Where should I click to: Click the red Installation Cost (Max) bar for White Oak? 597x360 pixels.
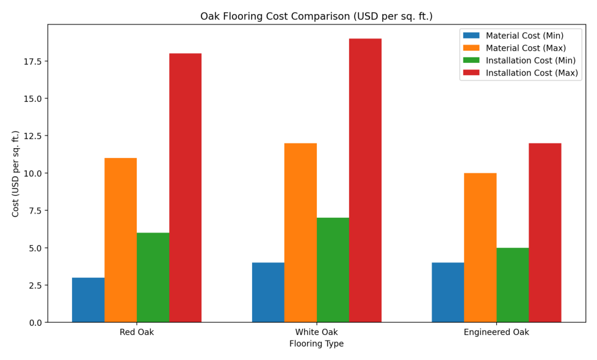tap(365, 180)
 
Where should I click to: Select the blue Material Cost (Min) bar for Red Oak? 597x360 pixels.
tap(88, 300)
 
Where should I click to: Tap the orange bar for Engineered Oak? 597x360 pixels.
tap(480, 247)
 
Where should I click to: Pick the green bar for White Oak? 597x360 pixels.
tap(333, 270)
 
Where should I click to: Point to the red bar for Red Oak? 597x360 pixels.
tap(185, 187)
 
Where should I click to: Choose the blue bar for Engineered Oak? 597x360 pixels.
tap(447, 292)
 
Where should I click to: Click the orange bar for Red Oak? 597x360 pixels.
tap(120, 240)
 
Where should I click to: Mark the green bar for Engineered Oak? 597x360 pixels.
tap(512, 285)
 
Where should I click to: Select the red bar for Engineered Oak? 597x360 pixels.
tap(545, 232)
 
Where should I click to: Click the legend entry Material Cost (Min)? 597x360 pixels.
tap(524, 36)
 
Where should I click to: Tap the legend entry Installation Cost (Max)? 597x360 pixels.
tap(532, 73)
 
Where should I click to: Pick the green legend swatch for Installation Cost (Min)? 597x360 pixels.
tap(471, 60)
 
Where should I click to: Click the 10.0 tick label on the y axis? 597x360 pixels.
tap(31, 173)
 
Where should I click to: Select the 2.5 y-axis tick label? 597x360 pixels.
tap(34, 286)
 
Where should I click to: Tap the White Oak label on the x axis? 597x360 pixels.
tap(316, 333)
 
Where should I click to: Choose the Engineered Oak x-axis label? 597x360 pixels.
tap(496, 333)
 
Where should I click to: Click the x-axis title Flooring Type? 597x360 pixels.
tap(316, 344)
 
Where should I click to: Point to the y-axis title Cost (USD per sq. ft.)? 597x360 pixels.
tap(16, 173)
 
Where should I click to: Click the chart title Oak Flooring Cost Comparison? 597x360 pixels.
tap(316, 16)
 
